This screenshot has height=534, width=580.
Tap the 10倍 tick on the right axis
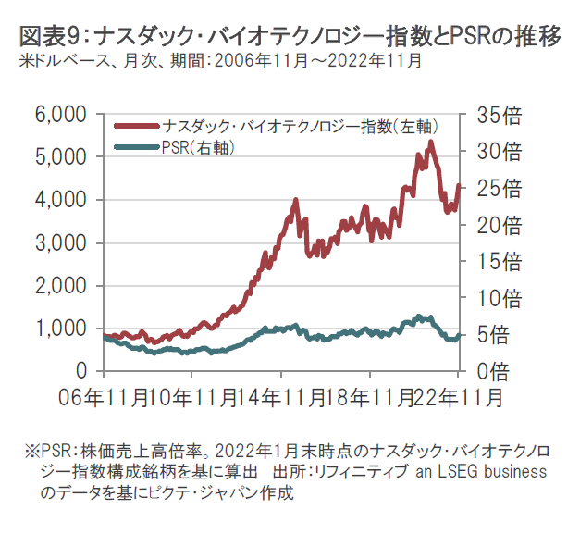click(493, 297)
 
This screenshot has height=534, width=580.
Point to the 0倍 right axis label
click(487, 370)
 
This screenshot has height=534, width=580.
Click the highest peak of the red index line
click(431, 142)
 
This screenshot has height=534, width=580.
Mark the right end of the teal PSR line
click(460, 335)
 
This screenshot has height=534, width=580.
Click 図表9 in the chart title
click(41, 36)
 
